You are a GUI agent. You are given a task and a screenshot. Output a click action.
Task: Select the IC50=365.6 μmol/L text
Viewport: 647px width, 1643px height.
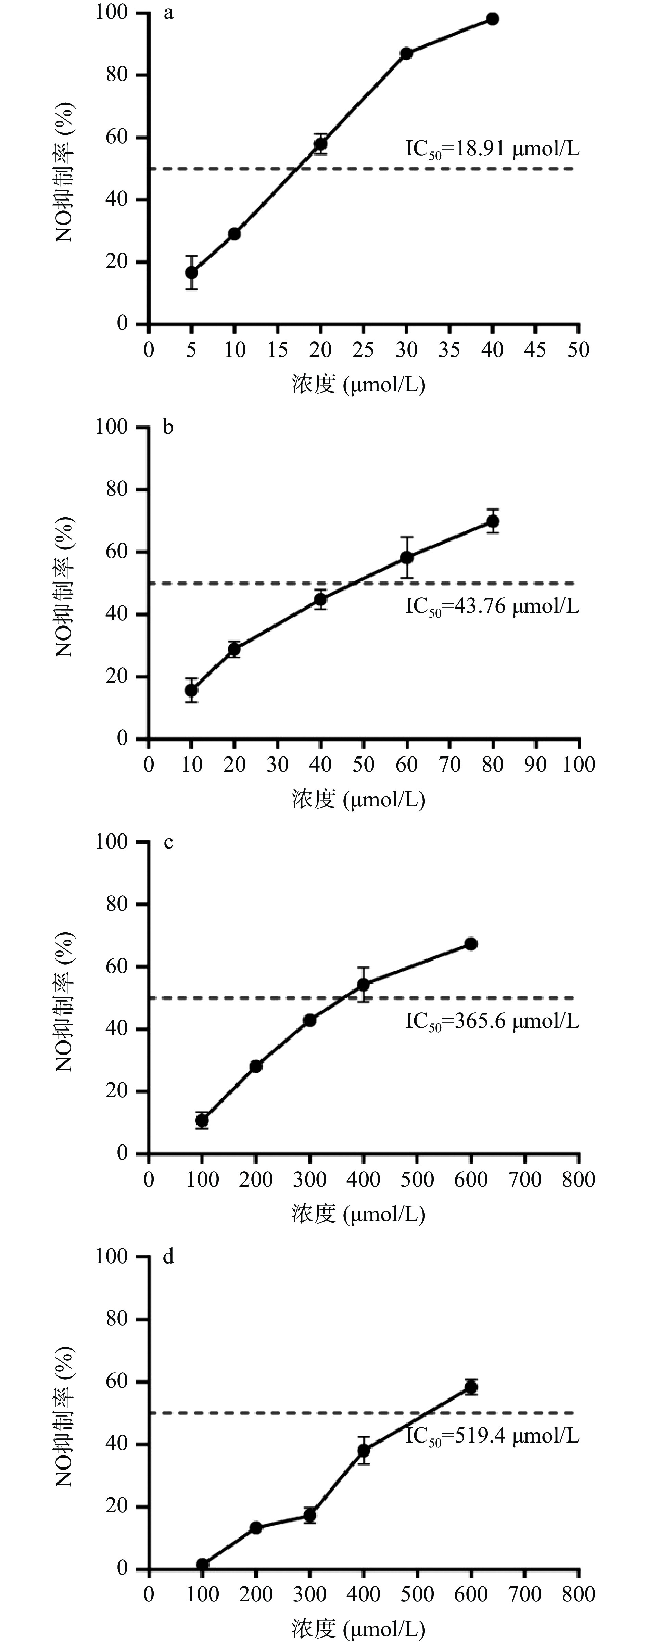click(x=493, y=1021)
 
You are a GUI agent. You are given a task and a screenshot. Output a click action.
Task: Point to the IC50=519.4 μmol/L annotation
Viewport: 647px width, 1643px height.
click(x=493, y=1436)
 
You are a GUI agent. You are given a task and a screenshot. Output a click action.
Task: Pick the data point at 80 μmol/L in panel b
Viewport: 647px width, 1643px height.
click(x=493, y=521)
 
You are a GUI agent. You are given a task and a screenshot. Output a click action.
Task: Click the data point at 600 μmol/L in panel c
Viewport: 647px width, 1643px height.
click(x=471, y=944)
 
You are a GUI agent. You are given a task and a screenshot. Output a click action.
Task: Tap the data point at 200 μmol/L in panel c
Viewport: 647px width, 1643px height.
click(x=256, y=1066)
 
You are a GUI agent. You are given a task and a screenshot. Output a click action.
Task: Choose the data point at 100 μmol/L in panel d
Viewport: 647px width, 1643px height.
click(x=202, y=1565)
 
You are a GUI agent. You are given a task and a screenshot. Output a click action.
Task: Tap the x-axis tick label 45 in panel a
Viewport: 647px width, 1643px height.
click(x=535, y=350)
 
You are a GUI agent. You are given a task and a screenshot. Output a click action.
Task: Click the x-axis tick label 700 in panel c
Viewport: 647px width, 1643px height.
click(x=524, y=1179)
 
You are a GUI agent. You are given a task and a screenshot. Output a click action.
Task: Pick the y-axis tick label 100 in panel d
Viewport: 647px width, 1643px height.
click(x=112, y=1256)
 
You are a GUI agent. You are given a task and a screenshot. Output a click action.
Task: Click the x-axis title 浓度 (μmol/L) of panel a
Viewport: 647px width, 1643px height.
click(x=359, y=384)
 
